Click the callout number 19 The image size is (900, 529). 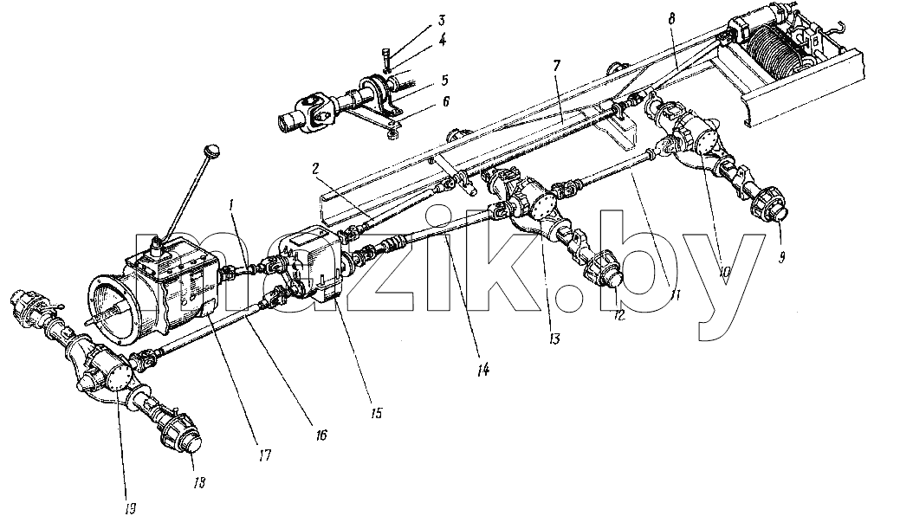[x=131, y=508]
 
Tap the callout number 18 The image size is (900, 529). [x=199, y=482]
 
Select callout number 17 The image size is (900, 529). [x=264, y=455]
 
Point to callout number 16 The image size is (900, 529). [x=321, y=435]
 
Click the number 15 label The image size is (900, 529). [x=376, y=413]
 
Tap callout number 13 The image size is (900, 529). [x=554, y=339]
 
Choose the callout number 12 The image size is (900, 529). [x=618, y=315]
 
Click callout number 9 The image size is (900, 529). [x=781, y=258]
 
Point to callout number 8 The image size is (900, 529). [x=671, y=18]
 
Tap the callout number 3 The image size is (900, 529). [x=441, y=22]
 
